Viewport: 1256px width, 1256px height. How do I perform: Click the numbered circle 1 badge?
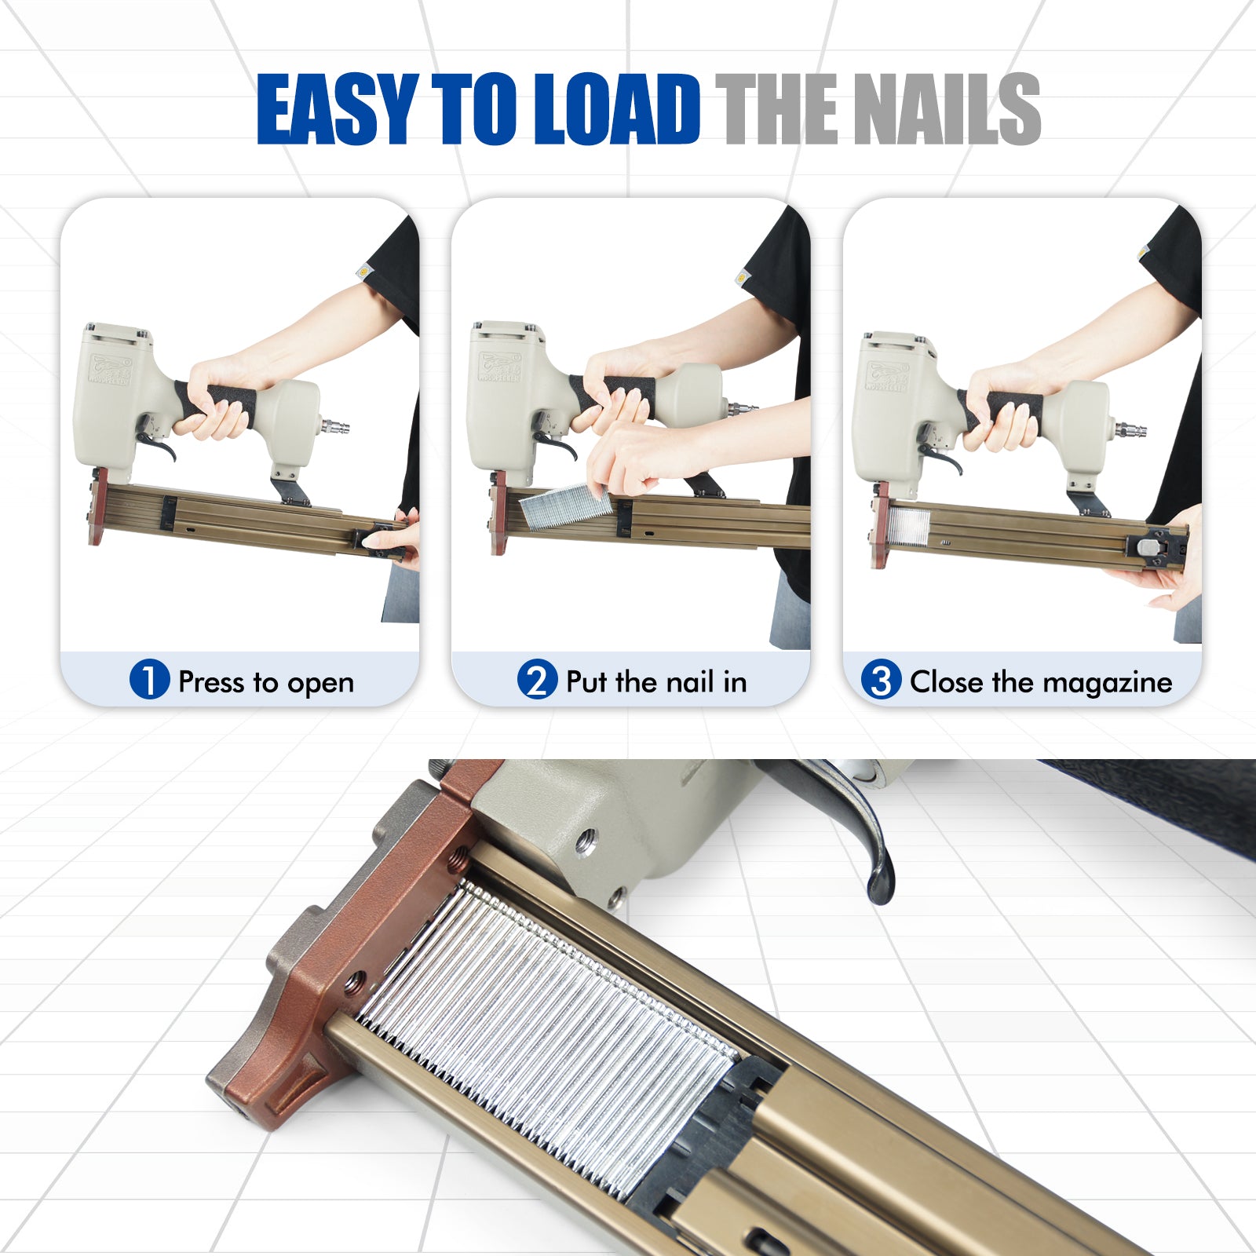point(149,679)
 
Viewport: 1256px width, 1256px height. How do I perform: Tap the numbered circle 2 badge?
point(537,679)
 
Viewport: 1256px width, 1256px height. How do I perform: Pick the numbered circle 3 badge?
point(881,679)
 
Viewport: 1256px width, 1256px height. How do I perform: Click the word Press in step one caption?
point(212,681)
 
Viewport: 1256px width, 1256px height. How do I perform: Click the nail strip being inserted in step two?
point(565,506)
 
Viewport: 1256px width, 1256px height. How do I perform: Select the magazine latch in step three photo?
point(1153,543)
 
